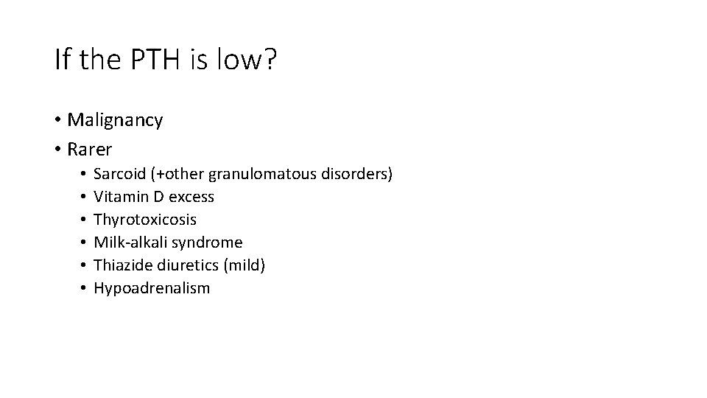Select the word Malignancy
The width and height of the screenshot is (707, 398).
tap(115, 120)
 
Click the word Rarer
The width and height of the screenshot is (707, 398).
tap(90, 150)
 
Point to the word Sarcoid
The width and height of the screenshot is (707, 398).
tap(119, 175)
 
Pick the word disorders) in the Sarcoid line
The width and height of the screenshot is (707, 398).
tap(359, 175)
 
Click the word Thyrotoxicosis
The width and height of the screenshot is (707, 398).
tap(145, 220)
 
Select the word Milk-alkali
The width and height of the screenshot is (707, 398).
tap(132, 242)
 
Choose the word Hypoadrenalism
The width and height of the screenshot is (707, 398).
tap(152, 288)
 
